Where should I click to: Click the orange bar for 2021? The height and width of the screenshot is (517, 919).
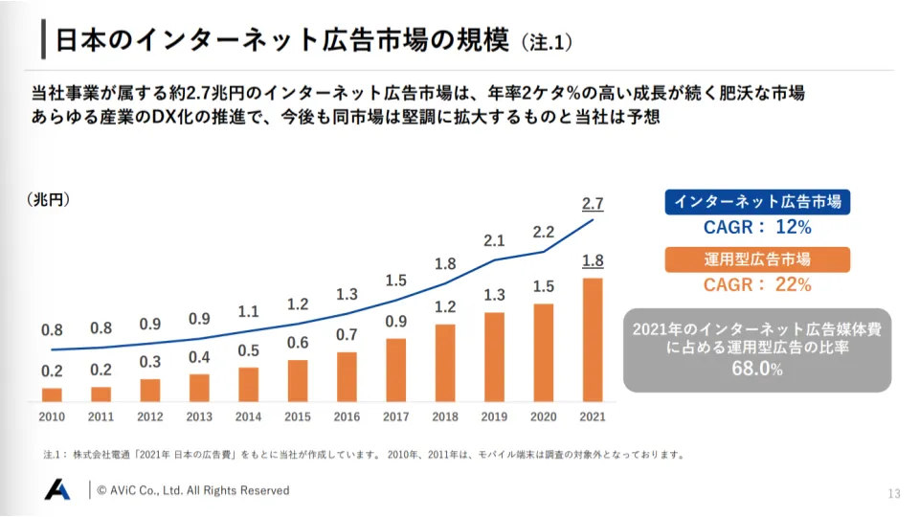point(594,340)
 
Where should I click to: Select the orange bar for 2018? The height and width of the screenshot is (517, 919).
point(446,363)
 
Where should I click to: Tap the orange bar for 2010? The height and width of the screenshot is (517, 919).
point(52,394)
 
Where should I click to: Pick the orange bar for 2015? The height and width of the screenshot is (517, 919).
point(298,380)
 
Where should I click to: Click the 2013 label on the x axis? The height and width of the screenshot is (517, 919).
point(199,416)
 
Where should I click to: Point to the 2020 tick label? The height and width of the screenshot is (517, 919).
point(544,416)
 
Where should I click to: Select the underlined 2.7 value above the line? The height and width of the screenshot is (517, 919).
point(593,203)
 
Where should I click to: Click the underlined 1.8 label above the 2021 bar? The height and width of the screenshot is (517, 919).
point(593,261)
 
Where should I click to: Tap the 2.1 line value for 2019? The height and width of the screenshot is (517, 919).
point(494,240)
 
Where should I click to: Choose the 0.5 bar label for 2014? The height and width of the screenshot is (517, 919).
point(249,349)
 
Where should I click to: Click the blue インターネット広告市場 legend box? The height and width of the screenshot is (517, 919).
point(757,202)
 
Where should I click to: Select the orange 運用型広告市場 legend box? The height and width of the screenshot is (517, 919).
point(757,258)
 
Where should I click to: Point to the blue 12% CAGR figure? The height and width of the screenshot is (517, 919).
point(794,228)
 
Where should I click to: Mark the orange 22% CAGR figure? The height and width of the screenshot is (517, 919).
point(794,284)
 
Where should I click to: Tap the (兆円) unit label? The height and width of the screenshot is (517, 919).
point(49,199)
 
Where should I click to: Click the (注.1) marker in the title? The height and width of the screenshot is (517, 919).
point(547,42)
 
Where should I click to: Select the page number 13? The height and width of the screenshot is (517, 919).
point(894,493)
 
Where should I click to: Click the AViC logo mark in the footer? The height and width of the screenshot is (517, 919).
point(57,489)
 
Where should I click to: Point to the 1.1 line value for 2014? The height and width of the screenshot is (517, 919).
point(249,311)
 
